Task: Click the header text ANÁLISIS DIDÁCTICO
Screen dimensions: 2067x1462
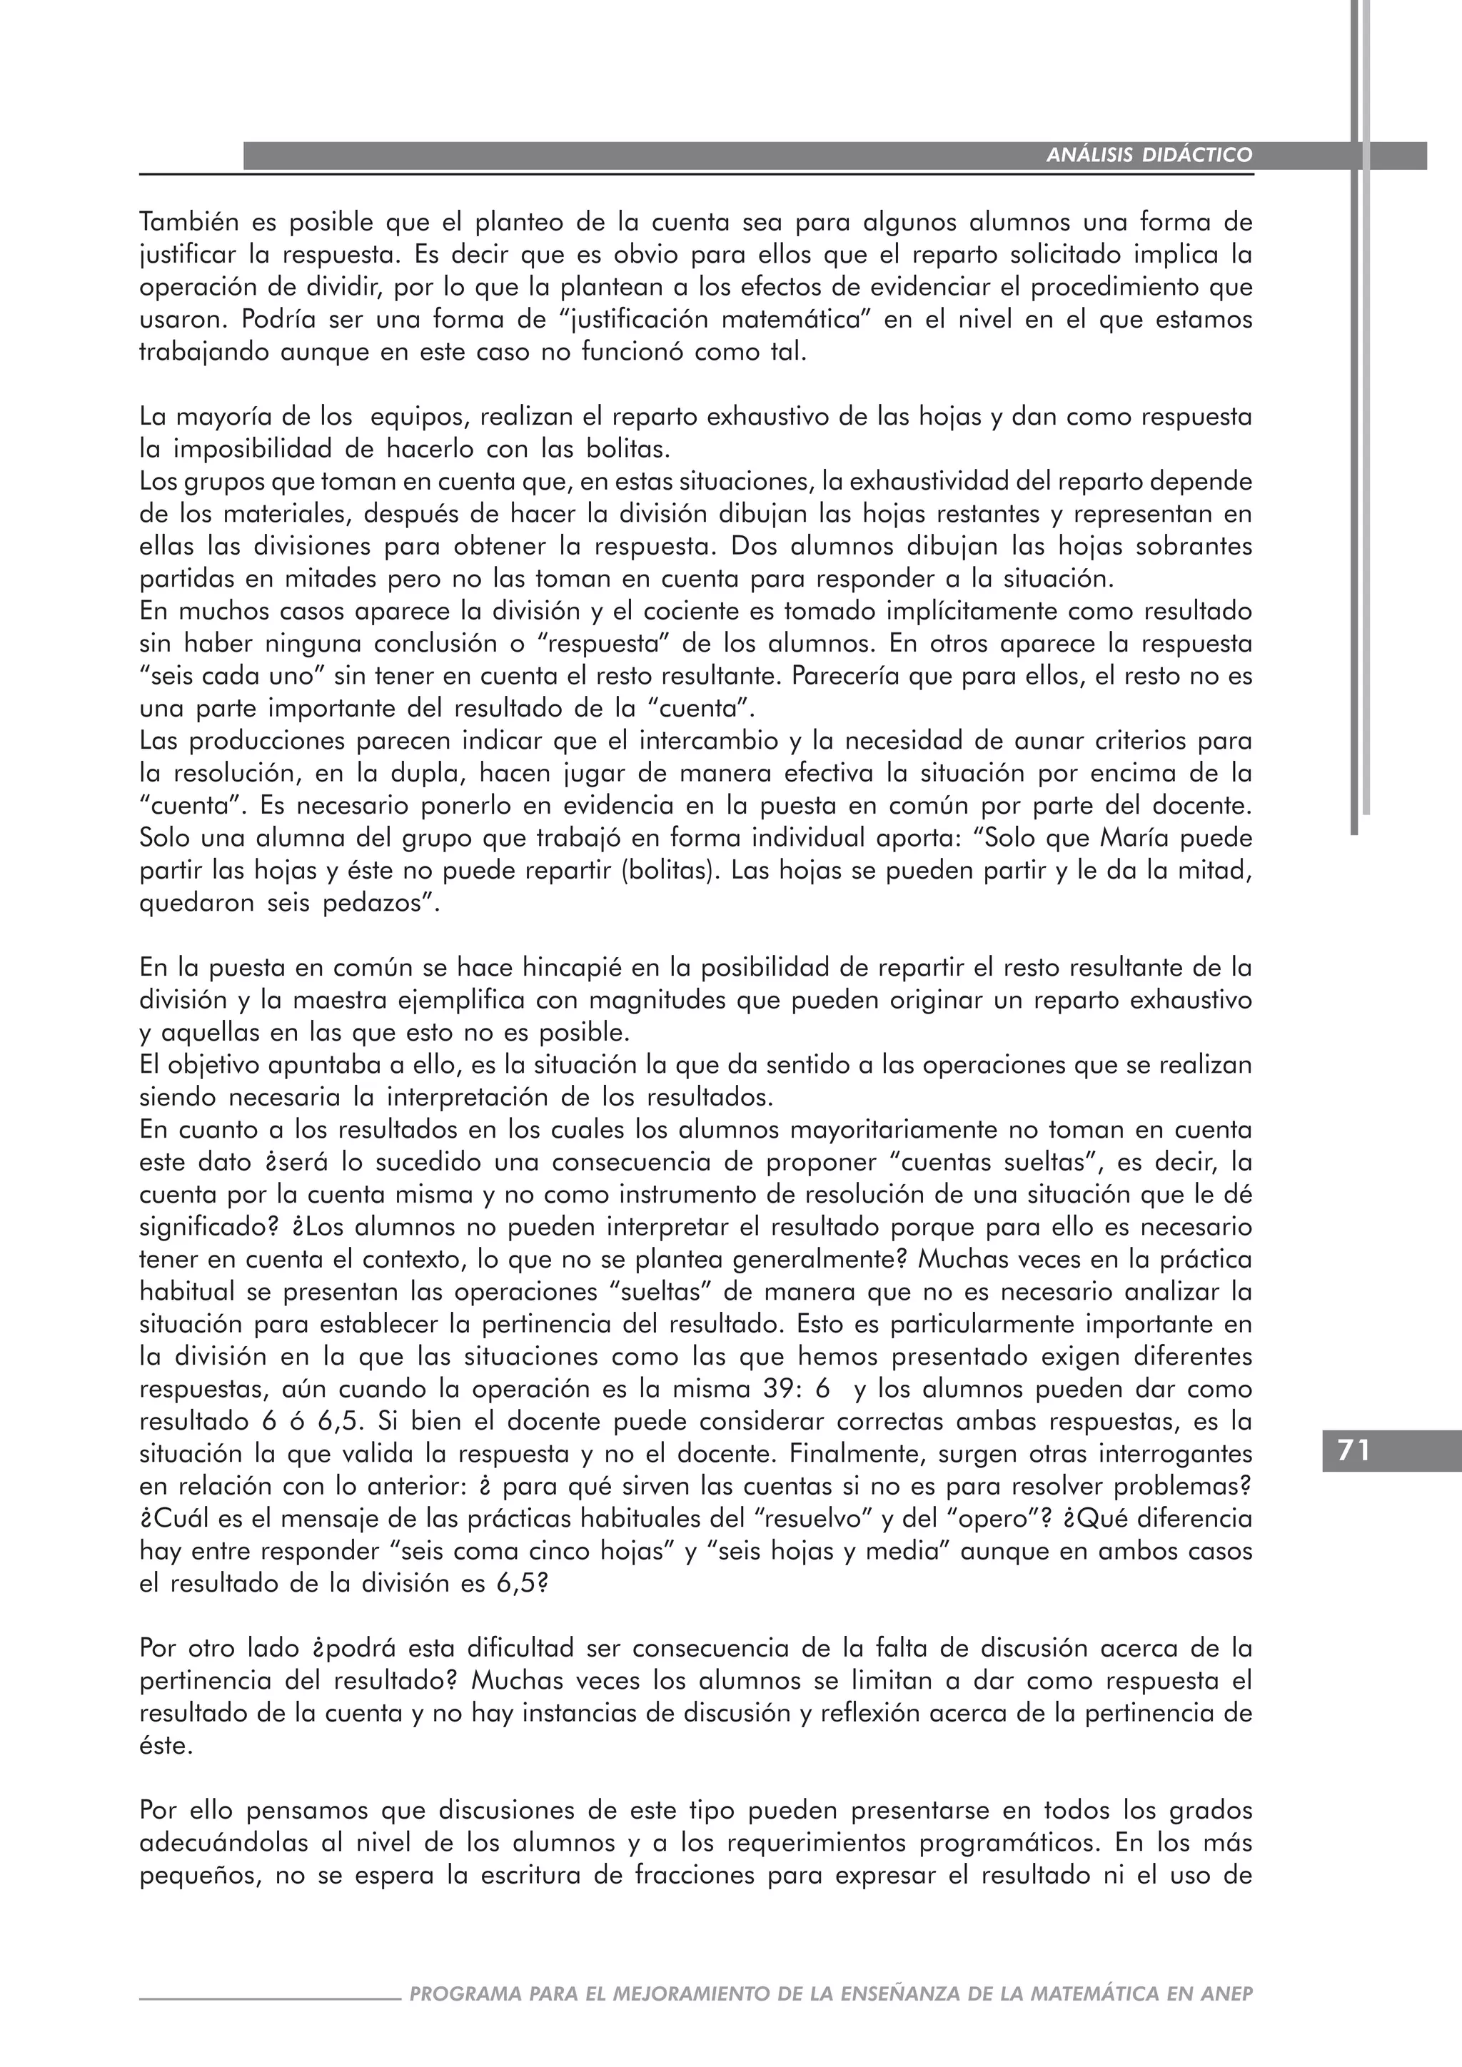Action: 1149,155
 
